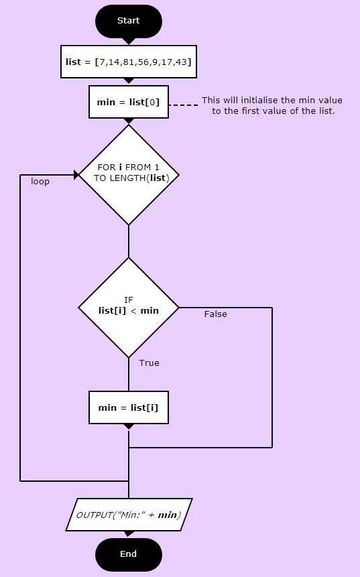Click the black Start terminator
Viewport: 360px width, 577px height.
click(129, 21)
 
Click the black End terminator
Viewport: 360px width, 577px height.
click(129, 555)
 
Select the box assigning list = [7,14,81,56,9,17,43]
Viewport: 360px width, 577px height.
click(129, 62)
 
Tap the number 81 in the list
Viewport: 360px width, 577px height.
click(129, 62)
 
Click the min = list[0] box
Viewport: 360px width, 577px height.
click(129, 102)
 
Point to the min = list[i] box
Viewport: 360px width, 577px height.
click(129, 407)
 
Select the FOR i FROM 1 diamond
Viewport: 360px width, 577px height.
click(129, 175)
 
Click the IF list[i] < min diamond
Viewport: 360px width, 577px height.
click(129, 308)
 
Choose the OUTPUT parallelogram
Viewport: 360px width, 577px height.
click(129, 515)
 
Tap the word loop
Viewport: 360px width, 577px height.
click(40, 182)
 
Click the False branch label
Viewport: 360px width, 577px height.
click(215, 314)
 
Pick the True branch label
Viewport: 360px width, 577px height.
click(149, 363)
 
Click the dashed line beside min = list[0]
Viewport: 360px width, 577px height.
click(183, 105)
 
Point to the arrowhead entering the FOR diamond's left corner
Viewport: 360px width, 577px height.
click(76, 175)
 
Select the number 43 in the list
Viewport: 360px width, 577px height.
click(182, 62)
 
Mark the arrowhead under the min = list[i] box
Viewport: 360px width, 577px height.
click(129, 427)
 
